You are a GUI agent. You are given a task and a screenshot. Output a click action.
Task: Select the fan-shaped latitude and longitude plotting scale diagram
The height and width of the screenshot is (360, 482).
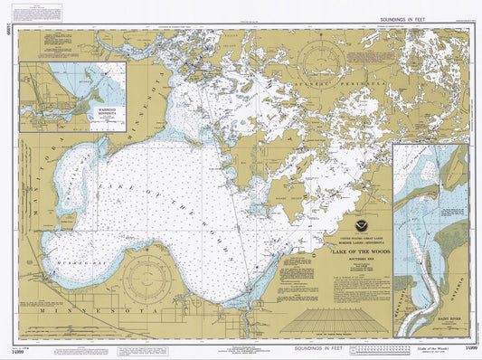326,318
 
